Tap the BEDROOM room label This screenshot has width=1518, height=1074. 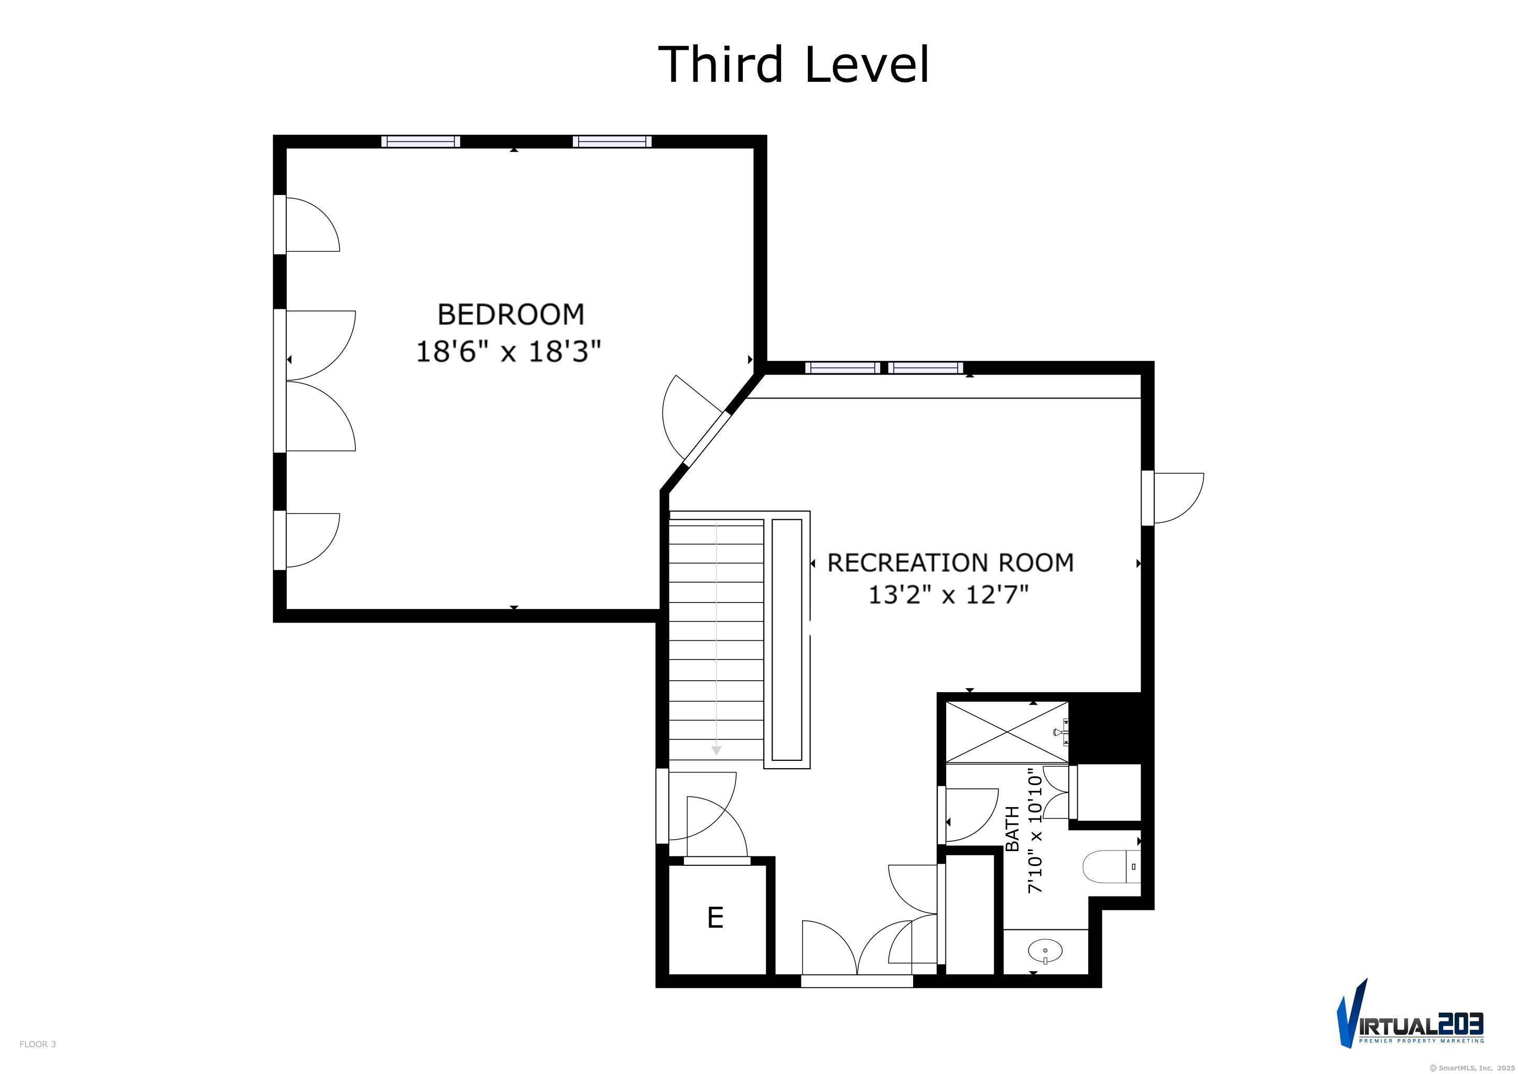(511, 314)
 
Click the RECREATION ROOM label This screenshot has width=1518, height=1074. (951, 563)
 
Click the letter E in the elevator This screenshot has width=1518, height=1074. (714, 918)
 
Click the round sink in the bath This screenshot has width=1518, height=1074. (1045, 952)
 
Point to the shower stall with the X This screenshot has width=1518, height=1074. (1007, 732)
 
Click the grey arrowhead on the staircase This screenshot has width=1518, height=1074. (716, 750)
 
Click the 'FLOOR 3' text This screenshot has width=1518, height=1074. (38, 1044)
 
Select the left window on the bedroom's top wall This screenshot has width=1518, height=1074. (420, 142)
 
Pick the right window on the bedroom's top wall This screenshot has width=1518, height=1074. (612, 142)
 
